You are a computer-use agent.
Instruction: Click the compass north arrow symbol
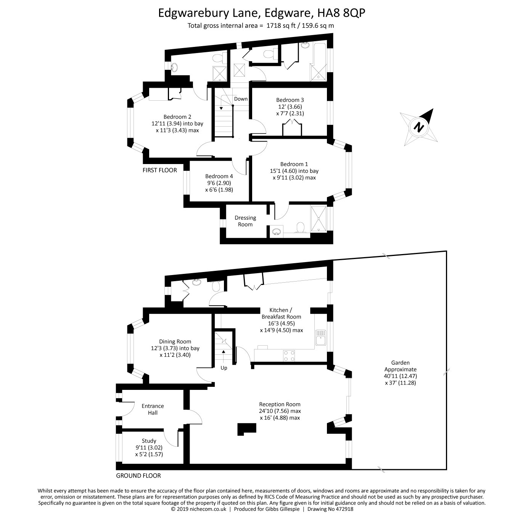[419, 127]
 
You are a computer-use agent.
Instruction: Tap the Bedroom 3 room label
[290, 100]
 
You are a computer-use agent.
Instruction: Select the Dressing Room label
[245, 221]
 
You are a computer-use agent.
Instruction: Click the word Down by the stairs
[241, 99]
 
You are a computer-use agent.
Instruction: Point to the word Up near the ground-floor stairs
[224, 368]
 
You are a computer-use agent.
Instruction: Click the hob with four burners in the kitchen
[289, 356]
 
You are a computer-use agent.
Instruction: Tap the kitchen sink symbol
[320, 338]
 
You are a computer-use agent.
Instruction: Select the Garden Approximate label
[400, 366]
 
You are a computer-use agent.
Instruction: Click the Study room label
[149, 441]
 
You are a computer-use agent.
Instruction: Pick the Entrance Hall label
[153, 409]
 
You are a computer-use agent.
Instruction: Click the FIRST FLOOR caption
[159, 170]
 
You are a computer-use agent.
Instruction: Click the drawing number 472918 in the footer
[343, 509]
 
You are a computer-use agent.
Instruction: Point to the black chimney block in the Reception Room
[247, 429]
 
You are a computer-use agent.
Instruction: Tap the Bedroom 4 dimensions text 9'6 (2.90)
[219, 183]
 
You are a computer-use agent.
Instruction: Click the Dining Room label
[175, 341]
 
